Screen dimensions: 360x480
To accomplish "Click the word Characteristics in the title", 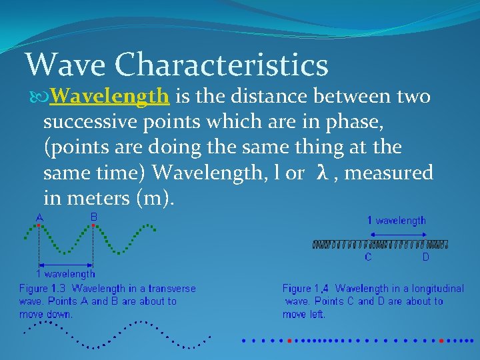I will [221, 65].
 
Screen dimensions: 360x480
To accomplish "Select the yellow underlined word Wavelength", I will [109, 97].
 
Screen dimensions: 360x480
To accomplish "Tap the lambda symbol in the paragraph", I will [322, 173].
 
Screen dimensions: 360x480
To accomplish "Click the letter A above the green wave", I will [39, 217].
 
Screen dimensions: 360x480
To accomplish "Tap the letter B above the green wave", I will [94, 217].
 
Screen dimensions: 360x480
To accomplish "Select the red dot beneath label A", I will [39, 226].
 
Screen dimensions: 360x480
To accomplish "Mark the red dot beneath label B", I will [94, 226].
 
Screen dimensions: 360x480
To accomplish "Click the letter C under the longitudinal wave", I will [367, 257].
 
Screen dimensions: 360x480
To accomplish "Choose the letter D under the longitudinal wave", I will [425, 257].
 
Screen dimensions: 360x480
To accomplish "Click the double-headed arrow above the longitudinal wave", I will [397, 234].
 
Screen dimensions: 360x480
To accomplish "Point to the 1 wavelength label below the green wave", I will [65, 273].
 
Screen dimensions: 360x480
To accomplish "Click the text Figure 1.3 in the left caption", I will [43, 289].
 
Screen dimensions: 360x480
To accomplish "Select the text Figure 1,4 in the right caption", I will [307, 289].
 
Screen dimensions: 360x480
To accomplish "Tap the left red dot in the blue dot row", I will [289, 340].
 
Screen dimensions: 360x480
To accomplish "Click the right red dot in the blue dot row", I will [441, 340].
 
